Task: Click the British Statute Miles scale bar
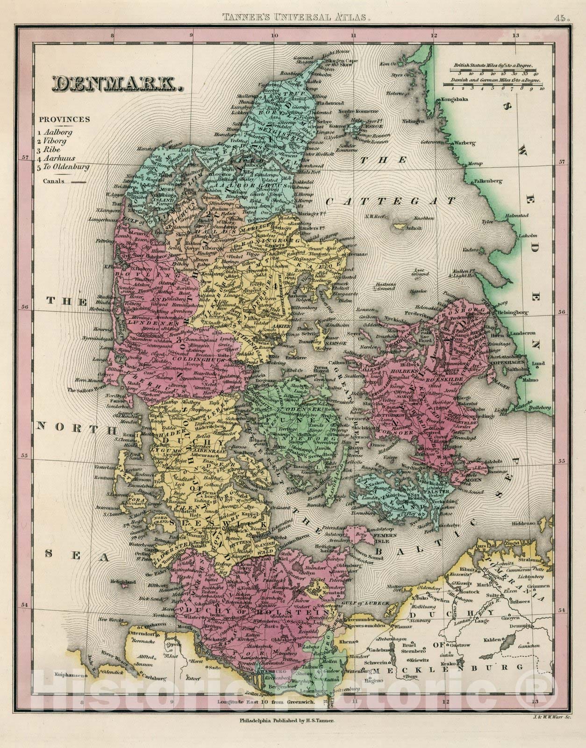(x=493, y=70)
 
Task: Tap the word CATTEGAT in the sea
(x=390, y=201)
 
